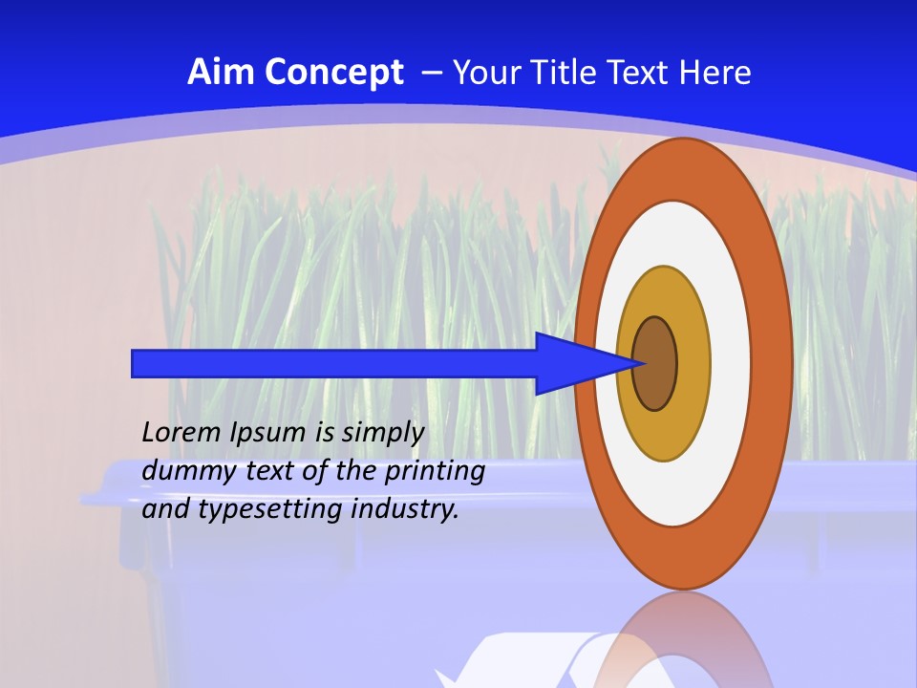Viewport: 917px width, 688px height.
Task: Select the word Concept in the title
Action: tap(333, 74)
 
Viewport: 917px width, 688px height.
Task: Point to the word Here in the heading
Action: tap(714, 73)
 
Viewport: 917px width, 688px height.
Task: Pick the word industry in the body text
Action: tap(405, 509)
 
